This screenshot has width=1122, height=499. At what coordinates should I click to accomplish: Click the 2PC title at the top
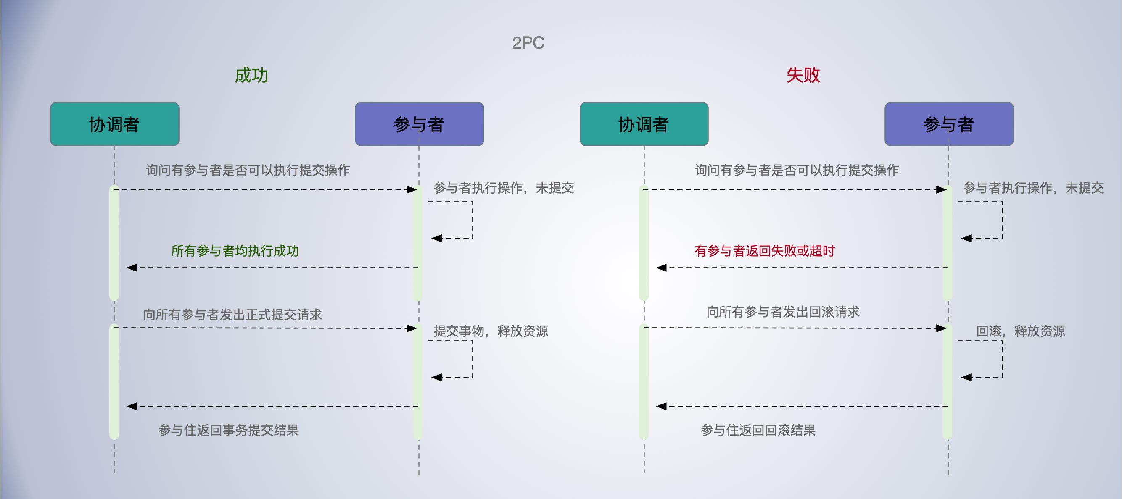tap(528, 43)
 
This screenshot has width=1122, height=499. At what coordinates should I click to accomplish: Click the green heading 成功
tap(251, 75)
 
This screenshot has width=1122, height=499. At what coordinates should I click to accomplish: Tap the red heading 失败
tap(803, 75)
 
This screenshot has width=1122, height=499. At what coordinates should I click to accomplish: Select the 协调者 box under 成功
tap(114, 124)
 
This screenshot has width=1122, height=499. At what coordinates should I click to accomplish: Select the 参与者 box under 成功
tap(419, 124)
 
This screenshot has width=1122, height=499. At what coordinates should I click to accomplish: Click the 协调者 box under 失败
tap(644, 124)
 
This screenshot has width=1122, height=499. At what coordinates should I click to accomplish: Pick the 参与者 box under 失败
tap(949, 124)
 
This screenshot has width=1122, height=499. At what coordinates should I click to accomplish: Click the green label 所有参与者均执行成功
tap(235, 251)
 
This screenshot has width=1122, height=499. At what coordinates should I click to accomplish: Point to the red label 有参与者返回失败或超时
tap(764, 251)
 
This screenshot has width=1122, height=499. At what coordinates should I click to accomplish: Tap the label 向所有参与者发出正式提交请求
tap(232, 314)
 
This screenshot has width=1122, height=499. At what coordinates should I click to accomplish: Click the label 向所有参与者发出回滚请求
tap(783, 312)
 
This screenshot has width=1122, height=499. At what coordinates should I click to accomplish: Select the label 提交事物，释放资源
tap(491, 331)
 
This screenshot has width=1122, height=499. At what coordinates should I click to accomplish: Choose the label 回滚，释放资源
tap(1021, 331)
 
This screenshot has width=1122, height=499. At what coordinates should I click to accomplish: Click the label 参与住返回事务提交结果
tap(229, 430)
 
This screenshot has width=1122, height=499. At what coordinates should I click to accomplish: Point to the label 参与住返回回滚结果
tap(758, 430)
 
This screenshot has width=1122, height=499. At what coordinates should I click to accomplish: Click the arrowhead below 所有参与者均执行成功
tap(132, 268)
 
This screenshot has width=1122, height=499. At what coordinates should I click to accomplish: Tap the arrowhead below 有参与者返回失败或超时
tap(661, 268)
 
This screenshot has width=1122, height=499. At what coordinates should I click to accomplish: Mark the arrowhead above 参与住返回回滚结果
tap(661, 406)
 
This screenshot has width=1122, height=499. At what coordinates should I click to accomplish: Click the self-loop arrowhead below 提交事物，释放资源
tap(436, 377)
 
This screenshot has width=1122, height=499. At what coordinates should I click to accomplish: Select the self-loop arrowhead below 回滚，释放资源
tap(966, 377)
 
